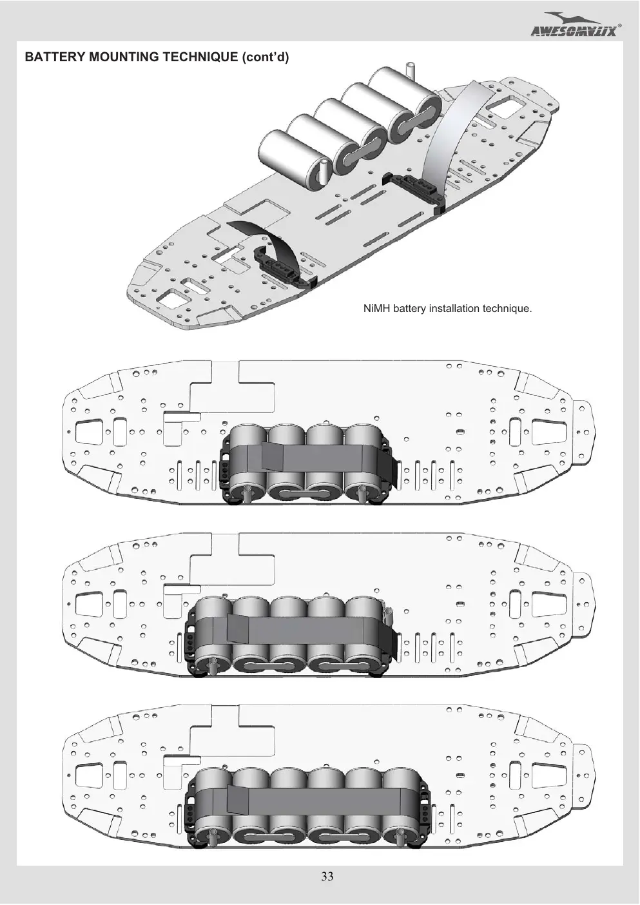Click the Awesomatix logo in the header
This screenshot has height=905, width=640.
(x=574, y=24)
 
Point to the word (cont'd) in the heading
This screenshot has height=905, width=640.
(x=266, y=57)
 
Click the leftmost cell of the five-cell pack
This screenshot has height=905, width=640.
(x=213, y=632)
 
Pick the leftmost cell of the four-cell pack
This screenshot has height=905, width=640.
(x=247, y=461)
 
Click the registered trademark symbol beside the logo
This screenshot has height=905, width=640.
(x=620, y=25)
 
